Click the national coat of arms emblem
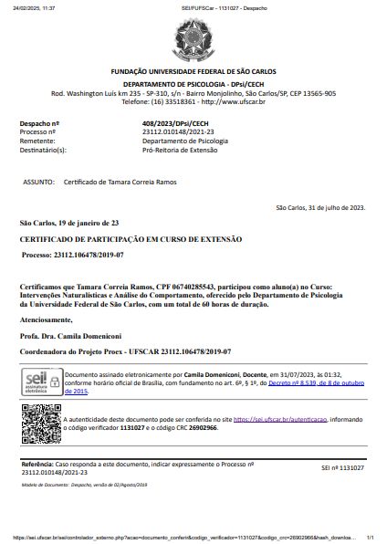click(x=193, y=41)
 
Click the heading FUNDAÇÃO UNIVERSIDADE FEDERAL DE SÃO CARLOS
click(x=193, y=71)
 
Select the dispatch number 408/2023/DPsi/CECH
click(x=175, y=123)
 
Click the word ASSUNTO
click(x=39, y=183)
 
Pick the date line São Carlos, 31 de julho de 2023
click(x=319, y=207)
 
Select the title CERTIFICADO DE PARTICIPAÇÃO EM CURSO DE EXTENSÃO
click(x=131, y=238)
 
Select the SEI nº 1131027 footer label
click(x=342, y=467)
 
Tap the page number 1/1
click(x=370, y=538)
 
